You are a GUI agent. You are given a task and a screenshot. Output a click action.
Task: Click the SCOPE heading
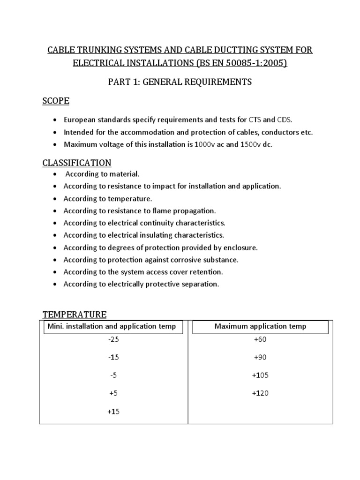[56, 101]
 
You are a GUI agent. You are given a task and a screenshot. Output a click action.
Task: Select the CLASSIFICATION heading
[77, 163]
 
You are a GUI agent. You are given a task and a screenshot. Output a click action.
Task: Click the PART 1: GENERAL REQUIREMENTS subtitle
[180, 82]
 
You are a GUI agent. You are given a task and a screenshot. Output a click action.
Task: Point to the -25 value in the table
[113, 339]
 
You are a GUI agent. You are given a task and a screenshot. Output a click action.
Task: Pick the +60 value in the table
[260, 339]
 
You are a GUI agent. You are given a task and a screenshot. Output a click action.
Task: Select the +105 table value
[260, 375]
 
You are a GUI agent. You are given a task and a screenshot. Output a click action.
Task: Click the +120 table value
[260, 393]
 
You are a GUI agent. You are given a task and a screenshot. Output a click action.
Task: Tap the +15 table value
[113, 411]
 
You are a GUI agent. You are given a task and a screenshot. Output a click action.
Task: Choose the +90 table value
[260, 357]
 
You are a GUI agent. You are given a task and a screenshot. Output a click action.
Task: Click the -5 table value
[113, 375]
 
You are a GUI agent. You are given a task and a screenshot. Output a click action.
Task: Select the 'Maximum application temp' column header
[260, 326]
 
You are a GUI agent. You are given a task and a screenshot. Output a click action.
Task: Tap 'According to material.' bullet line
[102, 174]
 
